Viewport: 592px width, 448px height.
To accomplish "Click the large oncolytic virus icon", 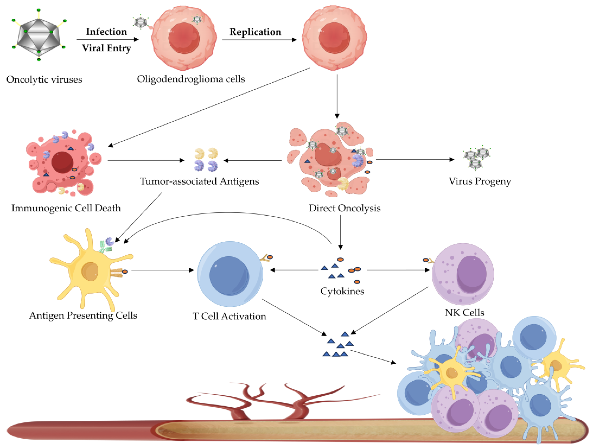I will pos(39,35).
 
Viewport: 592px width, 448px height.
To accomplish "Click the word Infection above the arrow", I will pos(106,32).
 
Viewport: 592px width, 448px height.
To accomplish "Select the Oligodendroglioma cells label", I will pos(191,79).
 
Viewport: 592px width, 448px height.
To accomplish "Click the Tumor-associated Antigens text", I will pos(199,181).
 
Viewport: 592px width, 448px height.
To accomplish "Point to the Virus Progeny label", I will pos(480,181).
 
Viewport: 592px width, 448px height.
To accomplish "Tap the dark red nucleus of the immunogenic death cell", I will pos(62,162).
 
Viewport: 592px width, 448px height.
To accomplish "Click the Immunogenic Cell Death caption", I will pos(66,208).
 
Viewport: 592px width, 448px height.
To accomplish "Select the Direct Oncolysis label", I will pos(344,208).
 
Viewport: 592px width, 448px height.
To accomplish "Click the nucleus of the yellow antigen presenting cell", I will pos(90,271).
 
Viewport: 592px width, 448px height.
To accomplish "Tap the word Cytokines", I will pos(342,291).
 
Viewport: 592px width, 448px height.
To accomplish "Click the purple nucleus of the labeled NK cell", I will pos(471,274).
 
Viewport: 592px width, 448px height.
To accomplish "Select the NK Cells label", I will pos(464,312).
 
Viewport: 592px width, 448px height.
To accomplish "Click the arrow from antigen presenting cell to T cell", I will pos(162,270).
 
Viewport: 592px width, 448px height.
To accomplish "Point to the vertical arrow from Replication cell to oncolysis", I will pos(337,96).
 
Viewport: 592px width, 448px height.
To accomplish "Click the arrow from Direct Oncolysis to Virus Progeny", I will pos(415,160).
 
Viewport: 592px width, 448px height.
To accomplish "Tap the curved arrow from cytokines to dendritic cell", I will pos(228,213).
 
